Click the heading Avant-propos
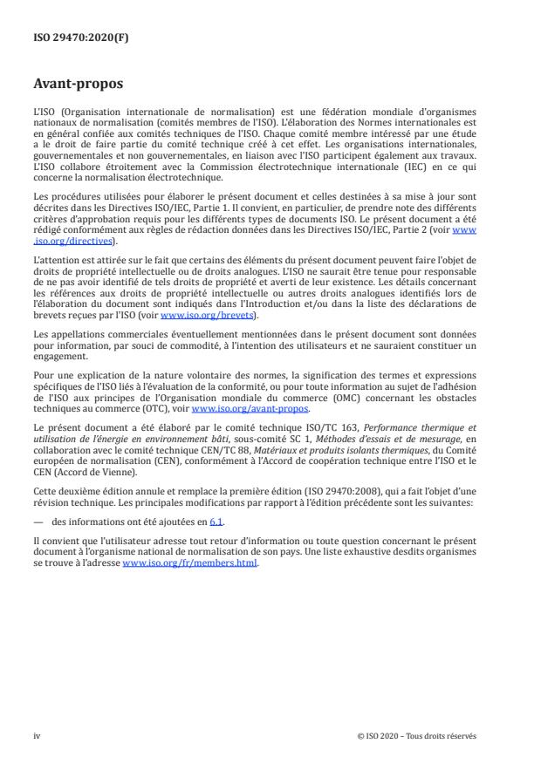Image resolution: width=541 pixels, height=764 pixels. [x=80, y=85]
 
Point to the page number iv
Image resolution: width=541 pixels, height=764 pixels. [x=38, y=735]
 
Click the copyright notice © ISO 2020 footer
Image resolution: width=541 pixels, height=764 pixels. [x=417, y=735]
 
